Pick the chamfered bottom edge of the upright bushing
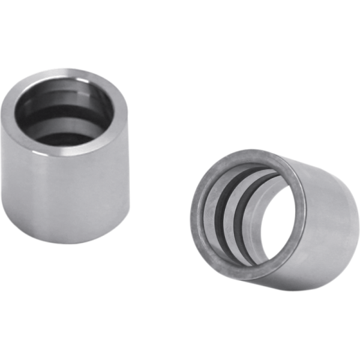[66, 241]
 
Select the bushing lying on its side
[276, 216]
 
